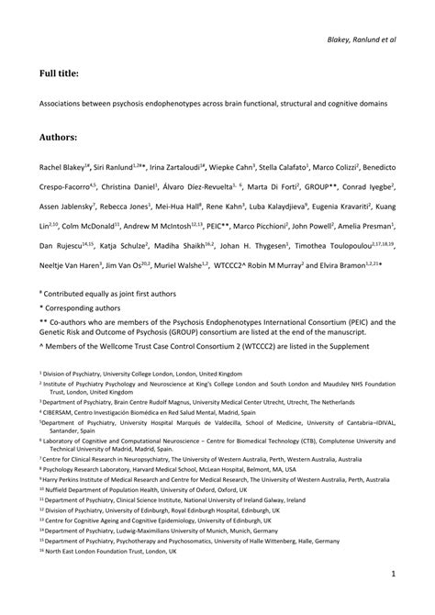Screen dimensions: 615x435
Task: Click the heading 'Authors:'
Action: point(58,137)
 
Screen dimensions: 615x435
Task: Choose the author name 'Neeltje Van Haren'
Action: point(69,265)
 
